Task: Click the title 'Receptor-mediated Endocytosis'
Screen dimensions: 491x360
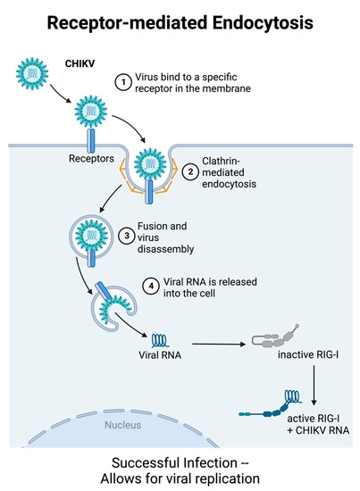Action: point(180,19)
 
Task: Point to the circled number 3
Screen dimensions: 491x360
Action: point(126,237)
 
